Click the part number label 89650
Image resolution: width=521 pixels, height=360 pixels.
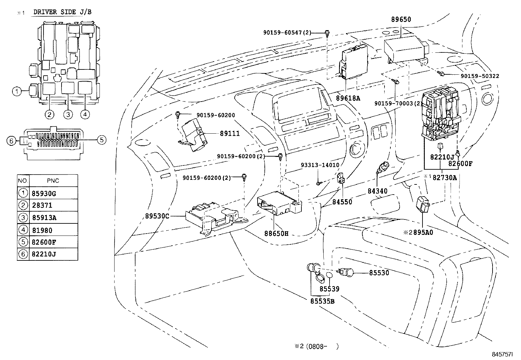(x=401, y=20)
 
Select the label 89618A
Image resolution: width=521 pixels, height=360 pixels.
(x=348, y=98)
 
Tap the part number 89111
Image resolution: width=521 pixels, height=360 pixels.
(x=230, y=133)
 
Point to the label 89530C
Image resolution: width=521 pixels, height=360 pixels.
(x=158, y=216)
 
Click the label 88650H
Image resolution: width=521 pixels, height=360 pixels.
(x=277, y=234)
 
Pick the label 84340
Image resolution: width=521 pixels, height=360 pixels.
(x=378, y=191)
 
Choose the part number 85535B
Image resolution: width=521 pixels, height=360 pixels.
(x=322, y=301)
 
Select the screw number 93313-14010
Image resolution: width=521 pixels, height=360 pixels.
(x=320, y=165)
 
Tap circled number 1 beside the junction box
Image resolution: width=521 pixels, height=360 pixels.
(x=17, y=91)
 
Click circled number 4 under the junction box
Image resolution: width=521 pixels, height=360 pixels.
(x=84, y=114)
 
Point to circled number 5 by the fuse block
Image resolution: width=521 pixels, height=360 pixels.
(x=102, y=140)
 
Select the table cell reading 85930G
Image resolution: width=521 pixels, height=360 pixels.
(x=44, y=193)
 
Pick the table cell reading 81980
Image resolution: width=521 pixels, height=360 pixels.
(x=42, y=230)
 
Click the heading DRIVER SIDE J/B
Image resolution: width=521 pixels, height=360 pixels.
(x=62, y=12)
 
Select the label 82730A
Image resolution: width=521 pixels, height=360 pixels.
(x=445, y=177)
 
